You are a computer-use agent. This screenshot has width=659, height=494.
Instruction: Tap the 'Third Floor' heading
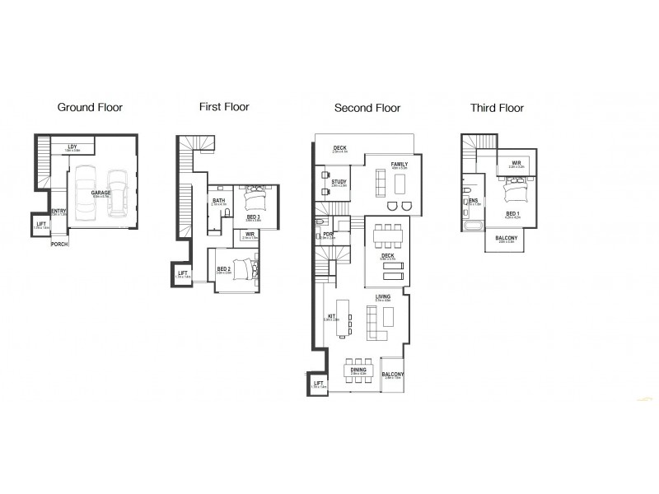[x=497, y=107]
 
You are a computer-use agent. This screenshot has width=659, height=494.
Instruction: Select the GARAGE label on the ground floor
[x=101, y=192]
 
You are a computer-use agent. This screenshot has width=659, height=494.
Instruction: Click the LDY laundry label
[x=72, y=147]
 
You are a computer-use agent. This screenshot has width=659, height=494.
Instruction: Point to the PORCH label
[x=59, y=244]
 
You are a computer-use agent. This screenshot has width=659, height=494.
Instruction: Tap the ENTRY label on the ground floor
[x=58, y=212]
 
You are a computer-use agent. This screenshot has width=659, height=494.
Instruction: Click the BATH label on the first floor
[x=218, y=200]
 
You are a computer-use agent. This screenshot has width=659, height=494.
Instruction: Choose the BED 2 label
[x=223, y=268]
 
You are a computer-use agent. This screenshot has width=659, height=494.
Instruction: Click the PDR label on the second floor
[x=328, y=234]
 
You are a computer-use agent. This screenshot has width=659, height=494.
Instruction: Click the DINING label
[x=358, y=370]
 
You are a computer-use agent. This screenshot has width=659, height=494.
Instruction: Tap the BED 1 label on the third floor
[x=512, y=213]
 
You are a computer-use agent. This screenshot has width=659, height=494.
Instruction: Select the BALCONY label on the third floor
[x=507, y=238]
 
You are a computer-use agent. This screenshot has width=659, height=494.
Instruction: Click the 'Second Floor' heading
[x=367, y=108]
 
